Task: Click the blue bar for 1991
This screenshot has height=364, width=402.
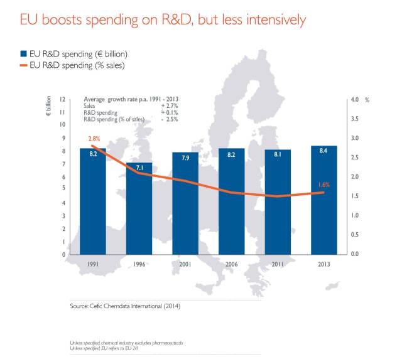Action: pos(93,201)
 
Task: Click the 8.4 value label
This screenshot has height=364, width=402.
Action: pos(323,151)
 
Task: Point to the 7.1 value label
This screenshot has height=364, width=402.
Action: pos(139,168)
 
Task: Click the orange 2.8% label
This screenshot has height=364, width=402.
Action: pos(95,138)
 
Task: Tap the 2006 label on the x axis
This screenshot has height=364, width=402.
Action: pos(232,264)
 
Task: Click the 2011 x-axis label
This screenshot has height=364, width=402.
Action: pos(278,264)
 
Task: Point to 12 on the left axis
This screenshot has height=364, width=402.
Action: pos(62,100)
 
